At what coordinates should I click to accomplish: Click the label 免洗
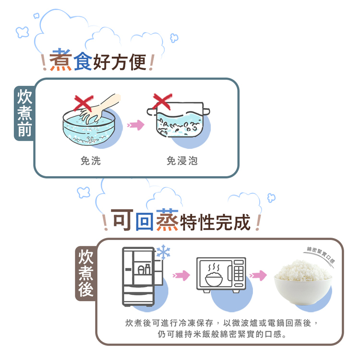91,161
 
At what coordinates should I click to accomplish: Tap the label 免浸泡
182,161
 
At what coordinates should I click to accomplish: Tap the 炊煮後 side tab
85,273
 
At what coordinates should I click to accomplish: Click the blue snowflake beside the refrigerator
164,252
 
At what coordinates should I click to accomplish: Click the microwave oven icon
221,275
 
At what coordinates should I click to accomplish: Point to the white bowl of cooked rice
302,283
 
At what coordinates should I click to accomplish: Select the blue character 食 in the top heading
83,61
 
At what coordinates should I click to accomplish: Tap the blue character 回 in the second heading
144,221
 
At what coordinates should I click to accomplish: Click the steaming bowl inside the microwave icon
215,276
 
